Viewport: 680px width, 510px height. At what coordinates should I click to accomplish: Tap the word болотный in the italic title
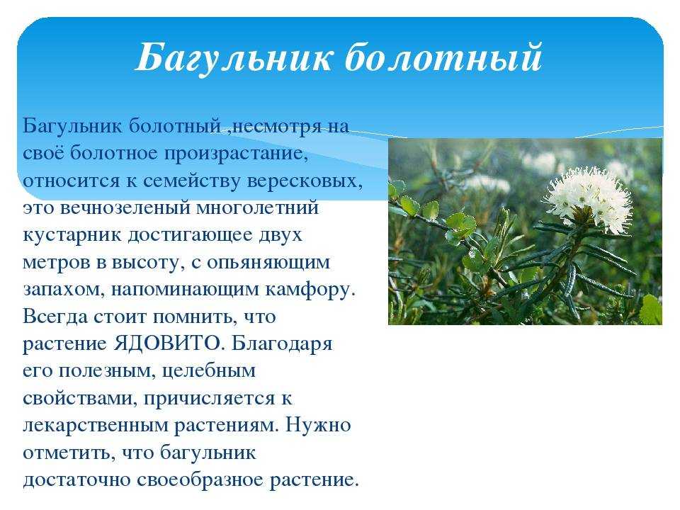443,57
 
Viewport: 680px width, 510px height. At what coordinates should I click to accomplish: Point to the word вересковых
305,181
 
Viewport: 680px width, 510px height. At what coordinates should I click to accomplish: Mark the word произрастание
236,154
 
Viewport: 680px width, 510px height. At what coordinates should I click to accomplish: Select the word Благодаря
282,344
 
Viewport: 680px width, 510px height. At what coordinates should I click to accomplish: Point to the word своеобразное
200,480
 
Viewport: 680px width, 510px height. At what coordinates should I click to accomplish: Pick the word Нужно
318,424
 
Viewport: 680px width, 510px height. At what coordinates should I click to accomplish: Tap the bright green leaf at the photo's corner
652,310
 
